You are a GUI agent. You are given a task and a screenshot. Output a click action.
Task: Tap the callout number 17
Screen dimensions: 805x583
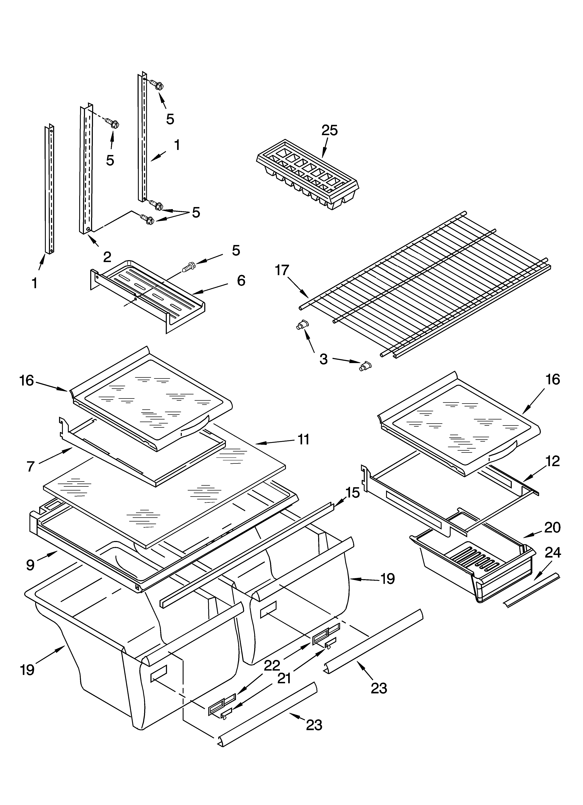[282, 270]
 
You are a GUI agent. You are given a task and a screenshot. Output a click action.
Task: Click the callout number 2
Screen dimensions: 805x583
[107, 257]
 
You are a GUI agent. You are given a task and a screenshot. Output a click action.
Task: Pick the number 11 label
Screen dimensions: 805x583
[304, 439]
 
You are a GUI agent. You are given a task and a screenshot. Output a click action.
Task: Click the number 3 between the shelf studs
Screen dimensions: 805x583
[324, 359]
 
